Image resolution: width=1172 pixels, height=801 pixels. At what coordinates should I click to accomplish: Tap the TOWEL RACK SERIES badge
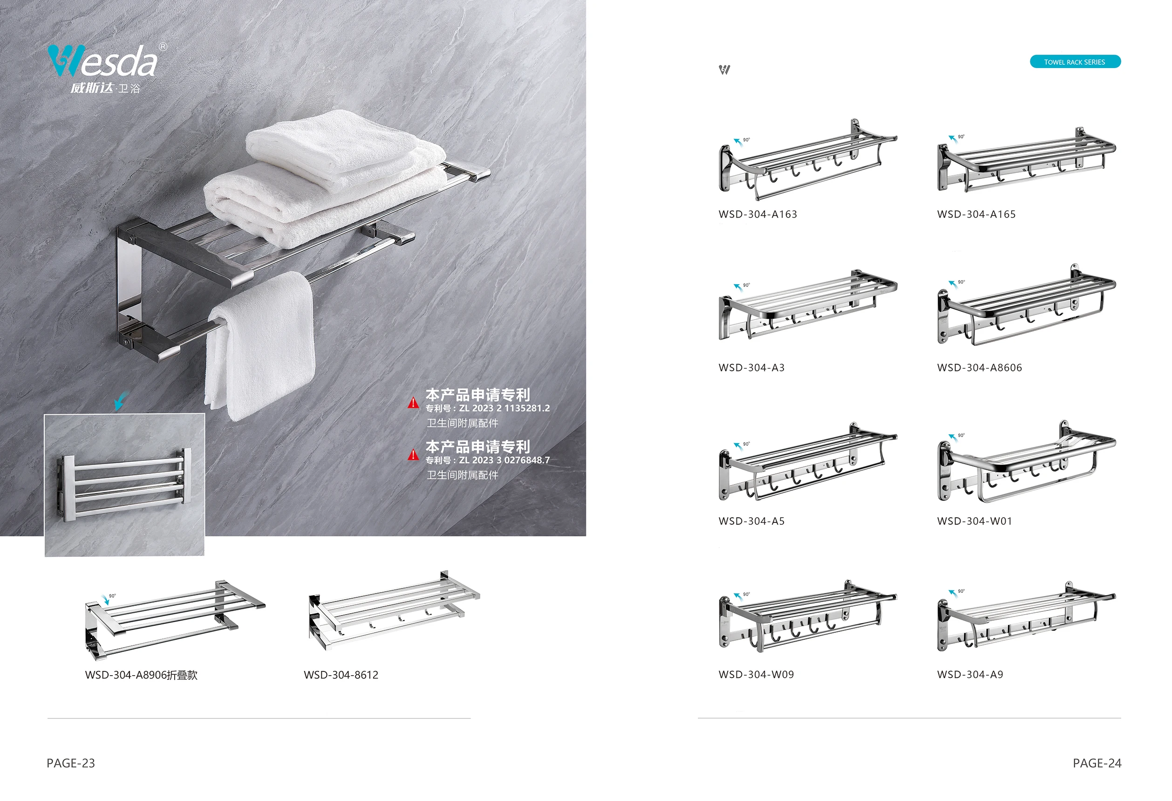[1074, 62]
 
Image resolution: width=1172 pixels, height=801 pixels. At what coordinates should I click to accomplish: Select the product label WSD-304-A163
[757, 214]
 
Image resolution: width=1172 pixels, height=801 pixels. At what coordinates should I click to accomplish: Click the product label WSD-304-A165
[976, 214]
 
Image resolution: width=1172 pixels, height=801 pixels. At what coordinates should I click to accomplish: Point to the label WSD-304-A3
[751, 368]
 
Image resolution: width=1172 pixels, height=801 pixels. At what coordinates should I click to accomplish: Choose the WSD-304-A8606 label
[979, 368]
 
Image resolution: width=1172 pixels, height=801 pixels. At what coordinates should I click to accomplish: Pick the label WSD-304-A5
[751, 521]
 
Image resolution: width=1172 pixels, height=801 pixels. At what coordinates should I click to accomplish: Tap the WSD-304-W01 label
[974, 521]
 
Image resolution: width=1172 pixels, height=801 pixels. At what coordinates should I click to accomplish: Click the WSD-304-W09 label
[756, 674]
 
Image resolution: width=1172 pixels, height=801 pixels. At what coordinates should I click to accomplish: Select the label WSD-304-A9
[970, 674]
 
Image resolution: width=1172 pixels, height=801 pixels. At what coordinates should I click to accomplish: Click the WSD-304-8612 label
[341, 675]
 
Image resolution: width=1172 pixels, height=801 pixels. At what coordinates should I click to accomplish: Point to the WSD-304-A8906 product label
[141, 675]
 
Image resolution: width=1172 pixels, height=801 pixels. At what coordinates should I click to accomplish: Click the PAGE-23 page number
[71, 763]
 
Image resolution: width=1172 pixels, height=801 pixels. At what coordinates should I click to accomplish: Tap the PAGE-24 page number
[1097, 763]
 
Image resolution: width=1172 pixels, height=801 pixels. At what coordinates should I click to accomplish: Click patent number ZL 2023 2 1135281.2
[504, 408]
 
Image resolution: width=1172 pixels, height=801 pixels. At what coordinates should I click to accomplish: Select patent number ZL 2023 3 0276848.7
[504, 460]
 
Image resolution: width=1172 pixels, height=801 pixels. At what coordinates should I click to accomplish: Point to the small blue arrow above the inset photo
[120, 401]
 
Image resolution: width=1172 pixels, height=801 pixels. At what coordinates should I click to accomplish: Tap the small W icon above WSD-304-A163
[724, 69]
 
